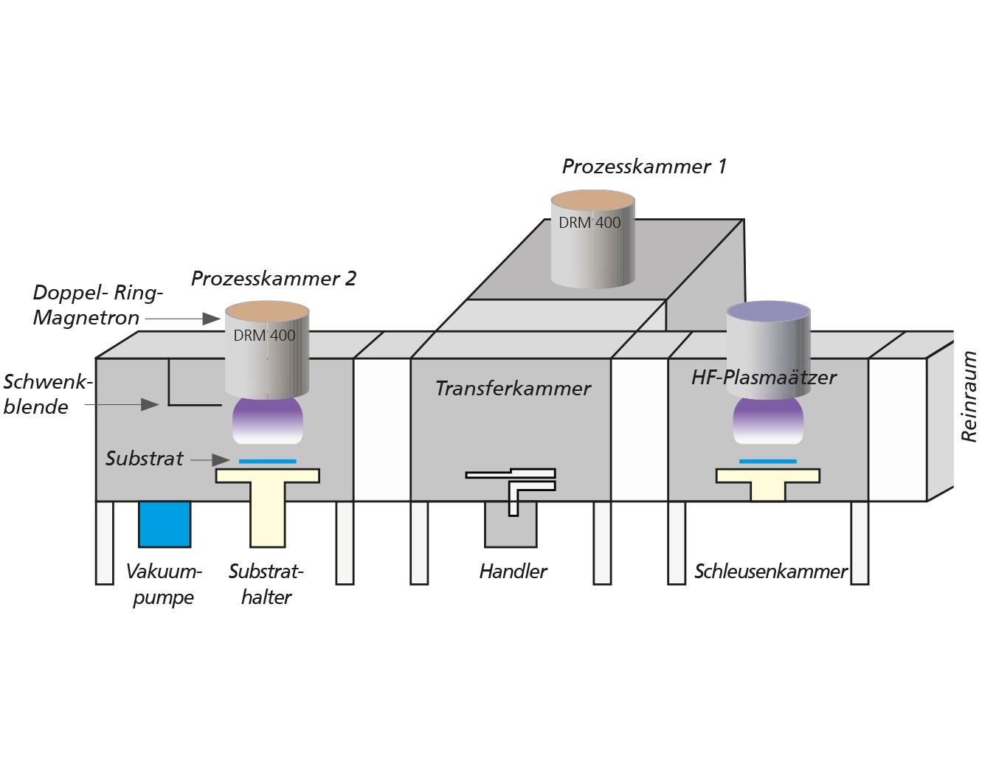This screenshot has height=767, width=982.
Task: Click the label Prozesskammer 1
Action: tap(644, 167)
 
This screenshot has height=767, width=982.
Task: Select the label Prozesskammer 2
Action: tap(274, 278)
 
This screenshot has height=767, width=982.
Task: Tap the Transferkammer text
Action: tap(513, 389)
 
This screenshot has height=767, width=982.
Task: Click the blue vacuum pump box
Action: tap(165, 524)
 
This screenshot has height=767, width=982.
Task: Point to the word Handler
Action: tap(513, 572)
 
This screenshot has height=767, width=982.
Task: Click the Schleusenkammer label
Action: tap(770, 572)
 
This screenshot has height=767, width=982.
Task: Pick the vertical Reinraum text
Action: tap(969, 396)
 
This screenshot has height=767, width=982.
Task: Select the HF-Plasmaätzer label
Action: tap(764, 378)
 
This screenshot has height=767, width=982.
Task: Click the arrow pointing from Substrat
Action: tap(210, 460)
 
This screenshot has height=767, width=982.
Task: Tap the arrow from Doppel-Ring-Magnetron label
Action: tap(182, 319)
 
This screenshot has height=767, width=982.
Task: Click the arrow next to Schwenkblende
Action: tap(122, 404)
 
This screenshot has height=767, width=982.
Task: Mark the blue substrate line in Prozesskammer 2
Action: tap(268, 461)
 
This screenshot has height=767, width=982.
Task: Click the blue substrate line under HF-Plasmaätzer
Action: tap(768, 461)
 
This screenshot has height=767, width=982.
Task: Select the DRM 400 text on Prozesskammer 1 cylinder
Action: tap(589, 223)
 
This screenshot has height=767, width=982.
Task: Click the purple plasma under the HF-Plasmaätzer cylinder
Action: tap(768, 420)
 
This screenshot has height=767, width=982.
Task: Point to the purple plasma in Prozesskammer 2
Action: tap(268, 420)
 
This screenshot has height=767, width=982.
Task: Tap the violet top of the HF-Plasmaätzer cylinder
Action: tap(768, 312)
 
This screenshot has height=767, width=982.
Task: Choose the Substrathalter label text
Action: tap(266, 584)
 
